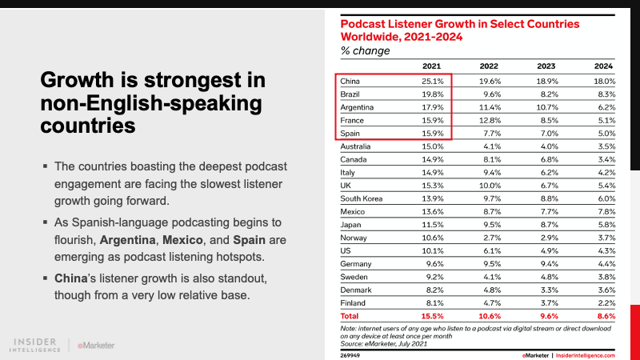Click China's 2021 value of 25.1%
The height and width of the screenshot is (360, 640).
point(434,82)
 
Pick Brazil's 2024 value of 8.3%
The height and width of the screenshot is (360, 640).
point(603,94)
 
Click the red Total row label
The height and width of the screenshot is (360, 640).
point(350,316)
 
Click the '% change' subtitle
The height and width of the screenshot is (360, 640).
point(366,50)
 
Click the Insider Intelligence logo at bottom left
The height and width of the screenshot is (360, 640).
point(38,344)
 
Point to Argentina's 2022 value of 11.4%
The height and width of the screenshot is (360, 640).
point(490,107)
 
